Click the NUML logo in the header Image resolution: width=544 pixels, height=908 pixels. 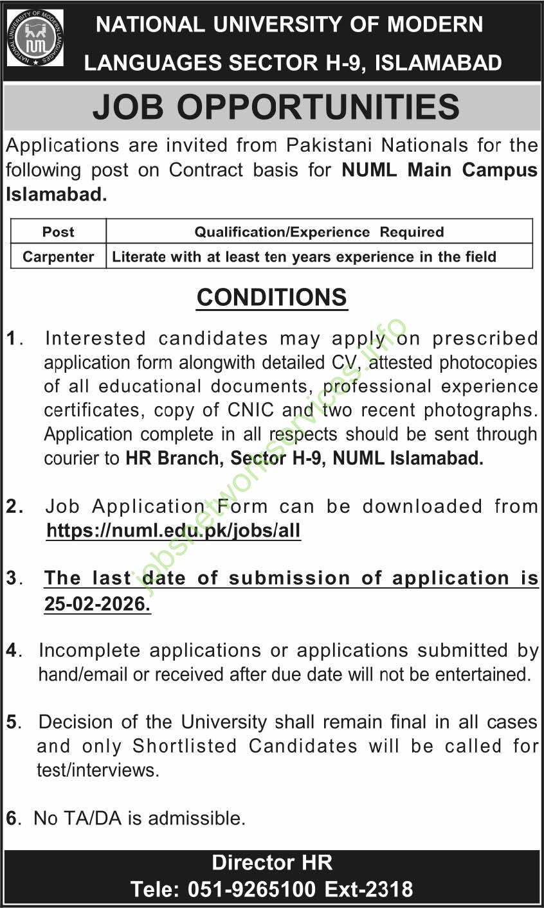coord(35,39)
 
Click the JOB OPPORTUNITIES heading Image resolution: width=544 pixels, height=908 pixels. coord(276,107)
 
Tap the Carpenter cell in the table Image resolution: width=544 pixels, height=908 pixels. coord(59,257)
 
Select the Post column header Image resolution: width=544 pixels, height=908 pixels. coord(59,232)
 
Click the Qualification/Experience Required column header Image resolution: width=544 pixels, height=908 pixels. coord(319,232)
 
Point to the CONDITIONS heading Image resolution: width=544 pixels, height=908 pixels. coord(272,298)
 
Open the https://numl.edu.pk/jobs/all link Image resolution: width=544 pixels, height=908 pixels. coord(174,531)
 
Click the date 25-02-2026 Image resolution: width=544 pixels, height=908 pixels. coord(97,605)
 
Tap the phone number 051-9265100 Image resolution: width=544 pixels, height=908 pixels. coord(252,889)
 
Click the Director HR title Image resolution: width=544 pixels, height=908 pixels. coord(272,862)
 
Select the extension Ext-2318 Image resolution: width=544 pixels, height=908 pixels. coord(368,889)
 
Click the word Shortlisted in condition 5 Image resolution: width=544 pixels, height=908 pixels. coord(186,746)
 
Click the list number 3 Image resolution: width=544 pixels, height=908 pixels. coord(13,578)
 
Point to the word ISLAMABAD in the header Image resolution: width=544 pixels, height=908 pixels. coord(439,63)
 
